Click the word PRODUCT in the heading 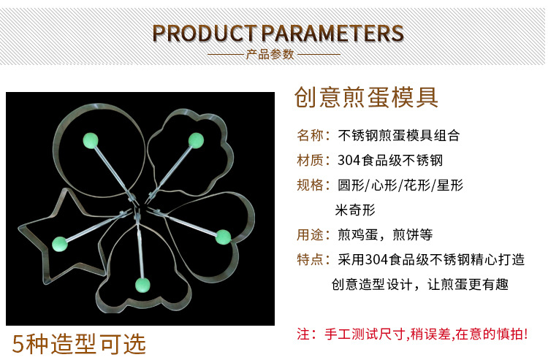[205, 34]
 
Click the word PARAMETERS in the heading [332, 34]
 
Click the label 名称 [311, 136]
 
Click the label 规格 [311, 185]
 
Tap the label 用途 [311, 235]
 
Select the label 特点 [311, 260]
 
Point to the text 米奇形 [354, 210]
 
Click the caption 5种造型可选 [79, 343]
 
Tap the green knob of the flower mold [195, 139]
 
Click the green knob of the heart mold [223, 236]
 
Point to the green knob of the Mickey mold [142, 283]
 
